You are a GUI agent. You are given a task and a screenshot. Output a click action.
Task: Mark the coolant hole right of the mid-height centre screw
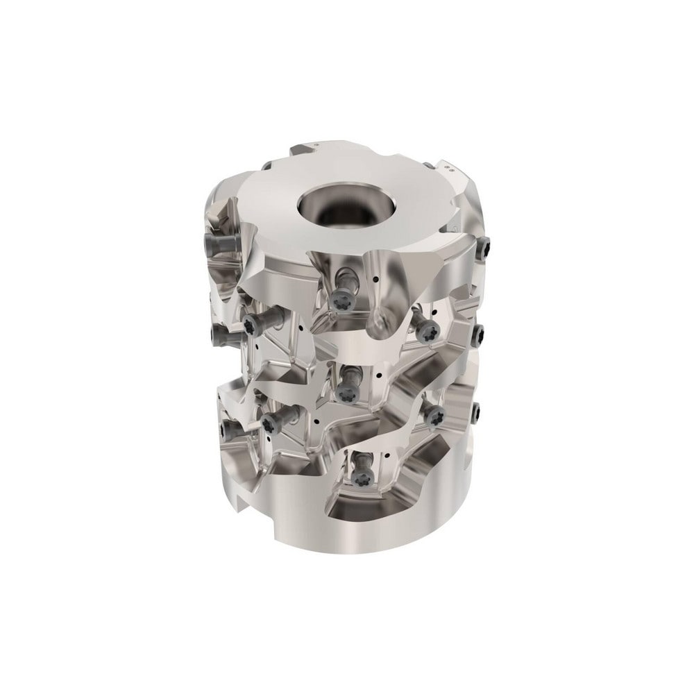[x=379, y=375]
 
